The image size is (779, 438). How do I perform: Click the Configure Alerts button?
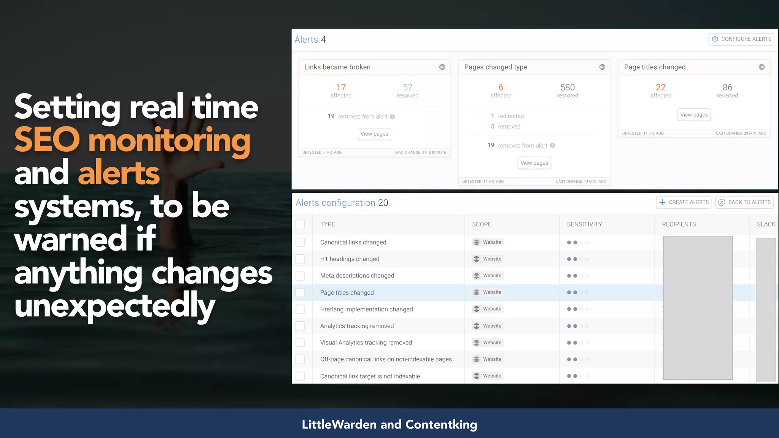[x=741, y=39]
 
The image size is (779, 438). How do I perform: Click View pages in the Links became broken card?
[x=374, y=134]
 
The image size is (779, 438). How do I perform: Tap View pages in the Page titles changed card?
[x=694, y=115]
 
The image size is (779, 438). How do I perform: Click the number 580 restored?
[x=568, y=87]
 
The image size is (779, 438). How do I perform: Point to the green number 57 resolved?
[x=407, y=87]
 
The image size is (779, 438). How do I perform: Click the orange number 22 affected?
[x=661, y=87]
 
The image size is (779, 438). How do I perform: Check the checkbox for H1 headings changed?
[x=300, y=259]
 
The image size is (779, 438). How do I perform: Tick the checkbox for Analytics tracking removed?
[x=300, y=326]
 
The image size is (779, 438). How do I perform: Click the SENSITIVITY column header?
[x=584, y=224]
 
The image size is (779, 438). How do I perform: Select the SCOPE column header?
[x=482, y=224]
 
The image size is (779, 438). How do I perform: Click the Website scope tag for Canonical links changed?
[x=488, y=242]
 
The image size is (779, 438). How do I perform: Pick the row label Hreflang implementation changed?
[x=366, y=309]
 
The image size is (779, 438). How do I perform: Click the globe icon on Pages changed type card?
[x=602, y=67]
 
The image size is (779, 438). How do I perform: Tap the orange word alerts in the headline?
[x=119, y=173]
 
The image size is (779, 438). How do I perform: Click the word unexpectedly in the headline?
[x=115, y=306]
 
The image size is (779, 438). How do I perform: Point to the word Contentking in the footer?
[x=441, y=424]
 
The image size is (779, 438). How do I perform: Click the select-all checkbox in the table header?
[x=300, y=224]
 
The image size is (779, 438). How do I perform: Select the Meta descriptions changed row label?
[x=357, y=276]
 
